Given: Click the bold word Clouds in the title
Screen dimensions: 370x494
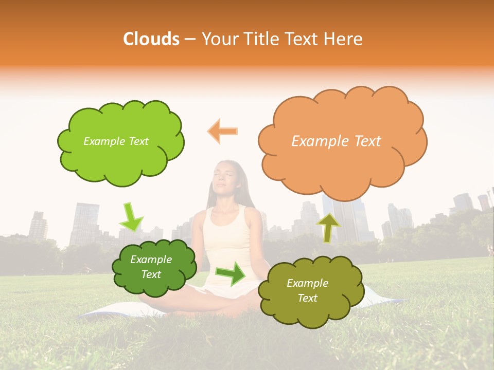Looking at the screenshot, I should coord(151,39).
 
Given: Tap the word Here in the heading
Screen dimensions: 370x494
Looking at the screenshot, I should coord(344,39).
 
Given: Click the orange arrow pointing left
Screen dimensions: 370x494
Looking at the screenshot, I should coord(223,132).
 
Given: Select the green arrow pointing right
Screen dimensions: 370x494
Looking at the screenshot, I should coord(231,274).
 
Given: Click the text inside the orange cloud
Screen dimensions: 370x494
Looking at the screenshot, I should coord(336,141).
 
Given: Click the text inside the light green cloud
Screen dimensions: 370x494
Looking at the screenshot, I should coord(116,141).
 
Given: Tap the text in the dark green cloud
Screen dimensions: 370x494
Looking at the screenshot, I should coord(151,267).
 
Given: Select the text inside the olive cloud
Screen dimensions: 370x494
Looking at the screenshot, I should coord(307,290).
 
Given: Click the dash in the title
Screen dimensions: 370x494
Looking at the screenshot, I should coord(190,39).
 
